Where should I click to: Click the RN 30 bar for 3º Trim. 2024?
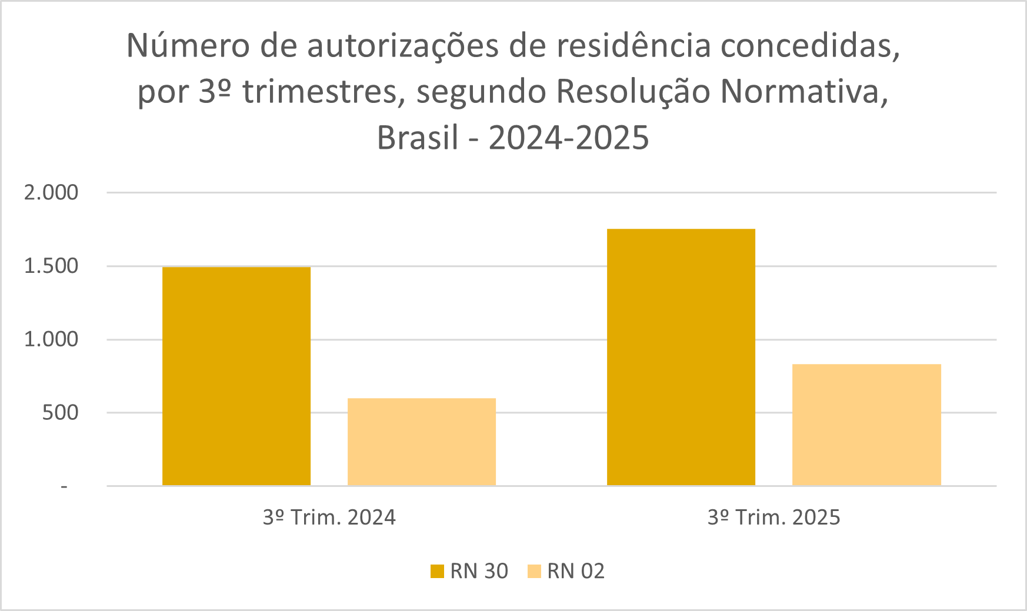[236, 376]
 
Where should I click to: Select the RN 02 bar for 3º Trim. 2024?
[421, 442]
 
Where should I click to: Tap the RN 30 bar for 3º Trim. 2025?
[681, 357]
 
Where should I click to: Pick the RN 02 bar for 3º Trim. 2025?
[866, 425]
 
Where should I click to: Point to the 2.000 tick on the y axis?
[51, 192]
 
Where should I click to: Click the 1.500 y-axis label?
[51, 266]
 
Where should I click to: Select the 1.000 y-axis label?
[51, 339]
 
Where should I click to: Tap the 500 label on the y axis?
[60, 413]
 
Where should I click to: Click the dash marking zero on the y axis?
[64, 486]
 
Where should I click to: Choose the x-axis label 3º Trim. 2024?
[329, 517]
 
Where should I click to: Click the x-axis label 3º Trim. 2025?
[773, 517]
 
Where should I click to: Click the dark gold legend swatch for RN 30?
[437, 571]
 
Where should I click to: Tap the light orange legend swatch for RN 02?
[534, 571]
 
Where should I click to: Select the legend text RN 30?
[479, 571]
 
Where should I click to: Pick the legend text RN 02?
[575, 571]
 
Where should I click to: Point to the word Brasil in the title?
[417, 138]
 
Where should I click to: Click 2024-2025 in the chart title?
[569, 138]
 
